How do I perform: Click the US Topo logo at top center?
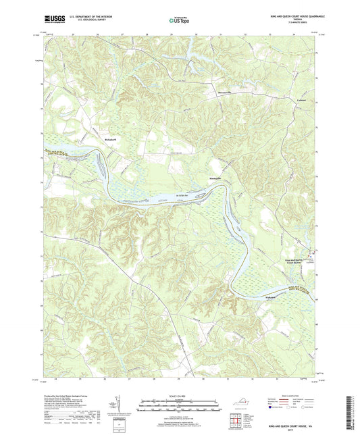180,21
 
